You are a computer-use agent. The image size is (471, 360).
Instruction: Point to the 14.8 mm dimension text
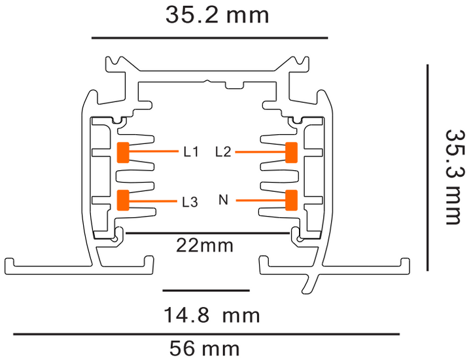211,316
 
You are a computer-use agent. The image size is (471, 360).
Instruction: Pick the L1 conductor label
190,153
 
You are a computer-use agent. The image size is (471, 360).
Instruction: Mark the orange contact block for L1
122,152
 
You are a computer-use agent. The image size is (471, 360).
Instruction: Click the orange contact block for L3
122,200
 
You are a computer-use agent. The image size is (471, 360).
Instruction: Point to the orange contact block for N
291,200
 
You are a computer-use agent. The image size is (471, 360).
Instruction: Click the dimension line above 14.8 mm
205,289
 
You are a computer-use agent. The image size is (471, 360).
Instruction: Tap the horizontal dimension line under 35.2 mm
209,38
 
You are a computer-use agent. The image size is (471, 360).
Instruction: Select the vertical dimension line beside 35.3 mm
427,167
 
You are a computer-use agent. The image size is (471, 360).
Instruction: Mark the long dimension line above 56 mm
206,334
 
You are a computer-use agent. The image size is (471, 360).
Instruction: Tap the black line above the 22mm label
206,232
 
